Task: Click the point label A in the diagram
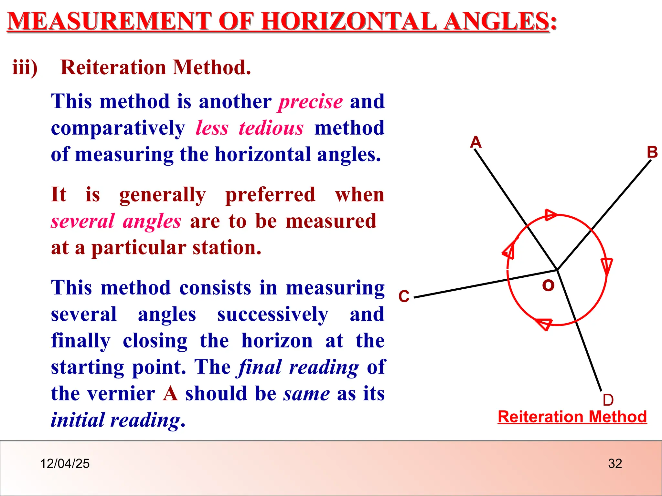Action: click(x=476, y=142)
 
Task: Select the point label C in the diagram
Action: click(x=404, y=296)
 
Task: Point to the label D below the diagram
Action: click(x=608, y=400)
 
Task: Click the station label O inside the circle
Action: click(x=548, y=285)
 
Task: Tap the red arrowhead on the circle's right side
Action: click(x=607, y=265)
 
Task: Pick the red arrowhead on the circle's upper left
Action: click(x=509, y=251)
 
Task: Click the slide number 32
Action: click(x=615, y=464)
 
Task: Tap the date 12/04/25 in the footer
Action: click(x=65, y=464)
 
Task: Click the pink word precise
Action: click(x=311, y=102)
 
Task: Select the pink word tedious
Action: click(x=271, y=128)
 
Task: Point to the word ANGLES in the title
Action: click(x=496, y=21)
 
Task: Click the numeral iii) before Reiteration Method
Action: click(x=25, y=68)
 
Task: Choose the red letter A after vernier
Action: click(x=170, y=394)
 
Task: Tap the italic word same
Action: click(x=306, y=394)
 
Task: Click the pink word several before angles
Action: click(x=83, y=222)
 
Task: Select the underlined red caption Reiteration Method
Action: click(x=572, y=417)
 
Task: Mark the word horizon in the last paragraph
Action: click(x=277, y=341)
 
